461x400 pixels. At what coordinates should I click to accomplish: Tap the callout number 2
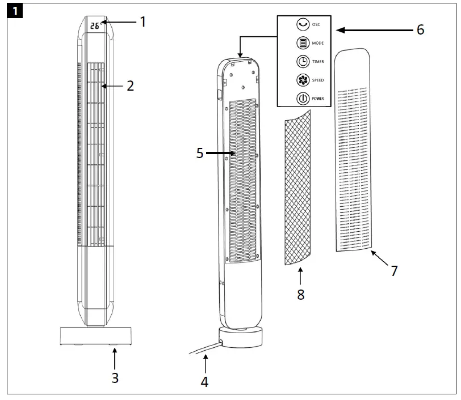click(x=130, y=86)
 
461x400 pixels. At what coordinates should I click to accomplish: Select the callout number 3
click(x=115, y=377)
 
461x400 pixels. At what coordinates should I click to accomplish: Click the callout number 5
click(x=200, y=153)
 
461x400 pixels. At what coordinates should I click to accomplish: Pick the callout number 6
click(x=420, y=29)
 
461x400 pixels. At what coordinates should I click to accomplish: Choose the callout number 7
click(x=394, y=270)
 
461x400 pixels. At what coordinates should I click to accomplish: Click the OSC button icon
click(x=302, y=24)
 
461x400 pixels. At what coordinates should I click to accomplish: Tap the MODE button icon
click(x=302, y=43)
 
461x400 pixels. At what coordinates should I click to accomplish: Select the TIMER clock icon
click(x=302, y=62)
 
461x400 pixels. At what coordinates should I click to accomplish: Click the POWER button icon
click(x=302, y=99)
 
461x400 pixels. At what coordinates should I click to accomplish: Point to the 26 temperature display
click(x=94, y=25)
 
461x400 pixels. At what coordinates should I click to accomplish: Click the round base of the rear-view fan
click(x=241, y=338)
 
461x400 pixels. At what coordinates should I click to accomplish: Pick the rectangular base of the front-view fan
click(x=96, y=335)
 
